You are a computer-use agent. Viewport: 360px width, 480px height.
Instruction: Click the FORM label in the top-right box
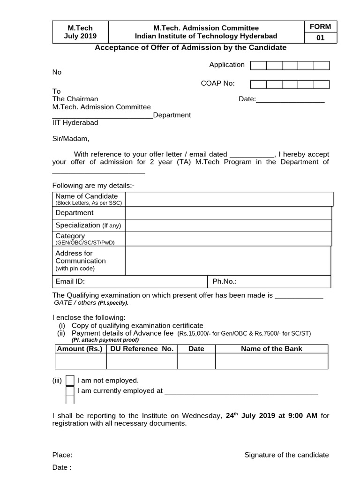tap(320, 27)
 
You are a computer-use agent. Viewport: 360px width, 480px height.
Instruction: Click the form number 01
tap(320, 38)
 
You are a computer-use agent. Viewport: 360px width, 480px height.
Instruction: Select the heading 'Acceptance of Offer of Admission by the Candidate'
tap(191, 48)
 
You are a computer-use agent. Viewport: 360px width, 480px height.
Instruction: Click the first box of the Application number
tap(258, 66)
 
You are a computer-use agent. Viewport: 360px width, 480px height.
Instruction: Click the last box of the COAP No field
tap(322, 84)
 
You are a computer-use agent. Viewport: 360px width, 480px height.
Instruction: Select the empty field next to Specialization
tap(228, 225)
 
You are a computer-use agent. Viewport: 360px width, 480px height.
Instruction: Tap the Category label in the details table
tap(70, 236)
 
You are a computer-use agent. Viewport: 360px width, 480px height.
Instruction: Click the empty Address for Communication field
tap(228, 261)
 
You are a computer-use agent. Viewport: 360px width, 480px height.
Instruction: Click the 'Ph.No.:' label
tap(225, 281)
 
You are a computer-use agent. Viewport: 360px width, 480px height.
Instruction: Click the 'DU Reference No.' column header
tap(142, 349)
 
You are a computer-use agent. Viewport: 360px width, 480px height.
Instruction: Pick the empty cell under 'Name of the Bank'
tap(271, 361)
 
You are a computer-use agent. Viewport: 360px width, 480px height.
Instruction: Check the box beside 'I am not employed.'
tap(70, 380)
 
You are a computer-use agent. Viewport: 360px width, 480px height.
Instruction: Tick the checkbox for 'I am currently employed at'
tap(70, 391)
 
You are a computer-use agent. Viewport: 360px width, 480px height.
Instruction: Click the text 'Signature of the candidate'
tap(286, 455)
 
